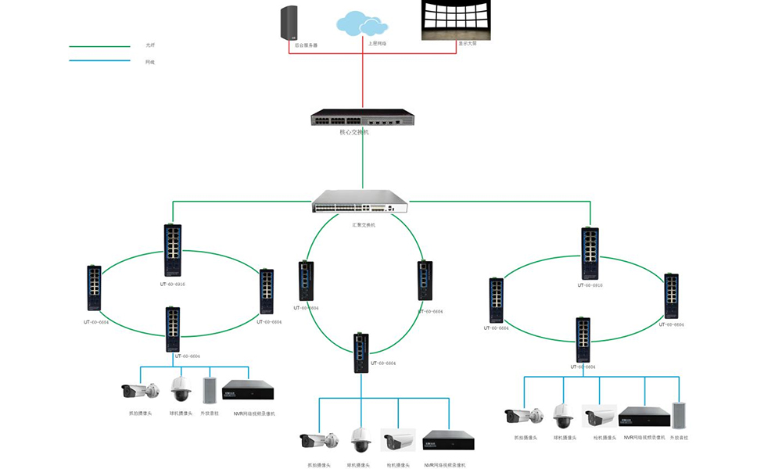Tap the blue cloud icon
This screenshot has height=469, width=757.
(x=362, y=23)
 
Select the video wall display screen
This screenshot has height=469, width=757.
(x=456, y=20)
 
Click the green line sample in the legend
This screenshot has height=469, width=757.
(x=99, y=46)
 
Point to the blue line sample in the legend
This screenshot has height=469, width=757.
(x=99, y=61)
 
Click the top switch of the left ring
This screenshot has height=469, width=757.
(x=173, y=250)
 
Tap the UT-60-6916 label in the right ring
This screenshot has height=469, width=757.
(x=590, y=285)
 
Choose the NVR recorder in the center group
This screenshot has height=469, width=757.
(x=448, y=440)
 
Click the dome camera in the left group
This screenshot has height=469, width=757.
(x=181, y=388)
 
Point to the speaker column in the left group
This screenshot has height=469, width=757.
(x=209, y=391)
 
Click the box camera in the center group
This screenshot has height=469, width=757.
(x=398, y=440)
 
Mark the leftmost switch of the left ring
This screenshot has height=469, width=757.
(x=95, y=290)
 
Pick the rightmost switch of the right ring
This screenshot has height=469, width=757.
(x=671, y=296)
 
